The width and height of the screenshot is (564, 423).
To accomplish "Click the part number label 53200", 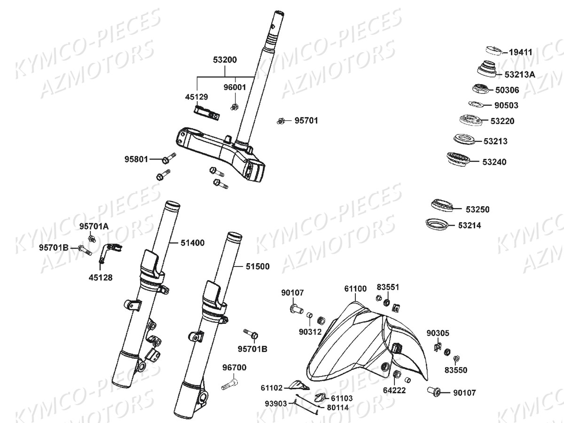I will (x=225, y=60).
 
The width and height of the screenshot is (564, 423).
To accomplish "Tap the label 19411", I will (x=520, y=52).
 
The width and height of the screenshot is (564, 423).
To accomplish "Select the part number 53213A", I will (x=520, y=74).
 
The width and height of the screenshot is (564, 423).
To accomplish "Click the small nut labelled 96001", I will (x=234, y=108).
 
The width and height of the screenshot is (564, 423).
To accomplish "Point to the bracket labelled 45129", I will (x=206, y=113).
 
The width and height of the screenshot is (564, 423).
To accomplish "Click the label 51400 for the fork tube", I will (x=193, y=243).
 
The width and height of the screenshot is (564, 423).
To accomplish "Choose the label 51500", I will (x=257, y=266).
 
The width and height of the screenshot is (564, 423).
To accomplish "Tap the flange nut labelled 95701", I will (x=281, y=121).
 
